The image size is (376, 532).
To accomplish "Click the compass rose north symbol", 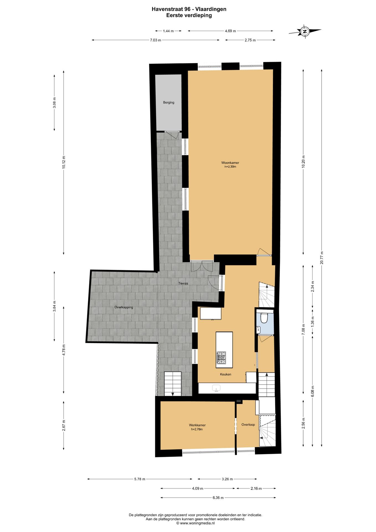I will tap(305, 31).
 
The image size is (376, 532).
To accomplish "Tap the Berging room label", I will tap(169, 103).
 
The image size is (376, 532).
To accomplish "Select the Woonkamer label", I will tap(230, 163).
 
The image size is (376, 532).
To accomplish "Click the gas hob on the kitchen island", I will tap(221, 358).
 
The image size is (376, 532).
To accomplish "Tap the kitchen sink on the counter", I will tap(216, 388).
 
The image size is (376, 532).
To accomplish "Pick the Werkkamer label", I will tap(197, 425).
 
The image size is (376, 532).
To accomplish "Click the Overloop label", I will tap(248, 424).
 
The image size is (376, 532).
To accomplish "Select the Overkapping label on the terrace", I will tap(124, 307).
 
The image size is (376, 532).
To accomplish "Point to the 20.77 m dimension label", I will tap(322, 258).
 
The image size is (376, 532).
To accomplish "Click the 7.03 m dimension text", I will tap(156, 40).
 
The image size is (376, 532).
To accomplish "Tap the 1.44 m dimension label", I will tap(168, 31).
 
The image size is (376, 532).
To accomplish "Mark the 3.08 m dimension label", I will tap(55, 103).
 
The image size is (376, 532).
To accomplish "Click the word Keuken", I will tap(225, 374).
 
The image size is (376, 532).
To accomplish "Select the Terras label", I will tap(183, 283).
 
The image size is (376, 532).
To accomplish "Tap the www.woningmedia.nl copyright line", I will tap(195, 523).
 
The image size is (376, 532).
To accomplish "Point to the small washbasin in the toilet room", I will tap(258, 329).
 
